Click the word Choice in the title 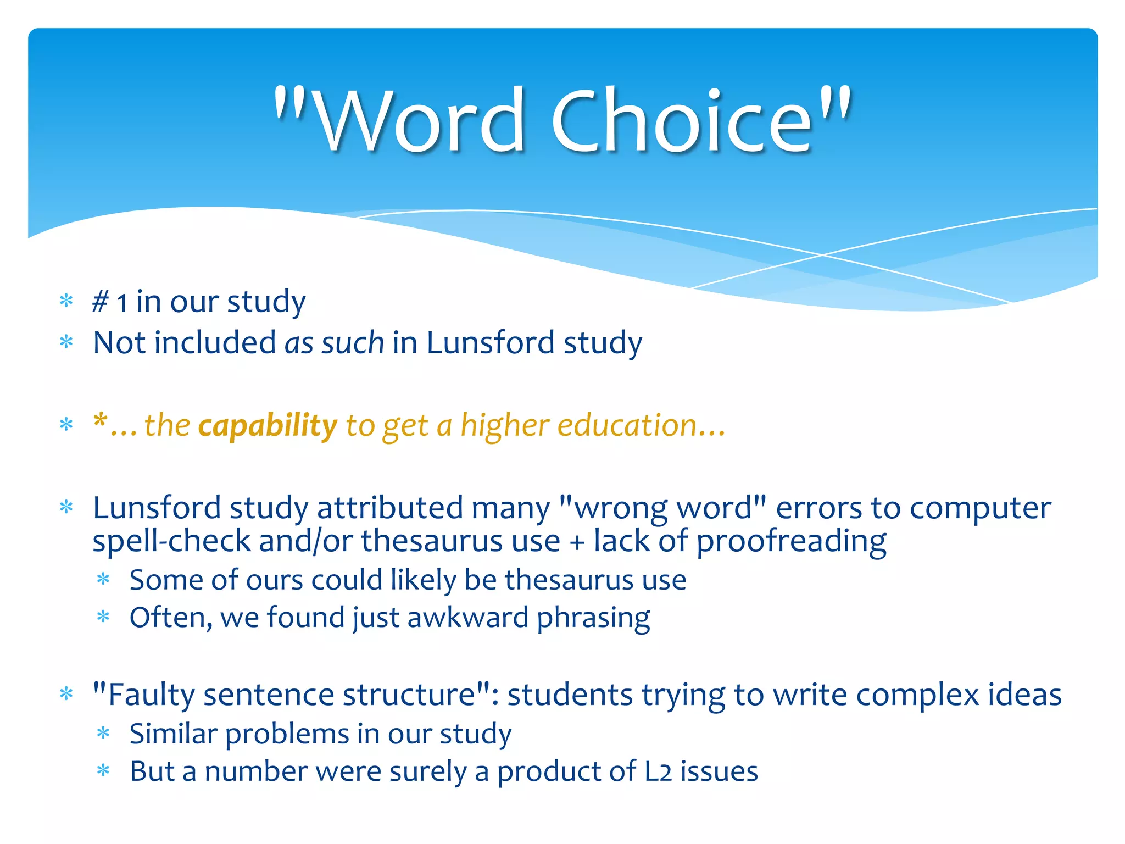point(681,121)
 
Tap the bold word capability point(268,426)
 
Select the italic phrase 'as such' point(334,343)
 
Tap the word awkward point(467,618)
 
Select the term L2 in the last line point(658,771)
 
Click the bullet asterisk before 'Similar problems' point(103,734)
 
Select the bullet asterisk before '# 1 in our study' point(66,301)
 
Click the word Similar point(173,734)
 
